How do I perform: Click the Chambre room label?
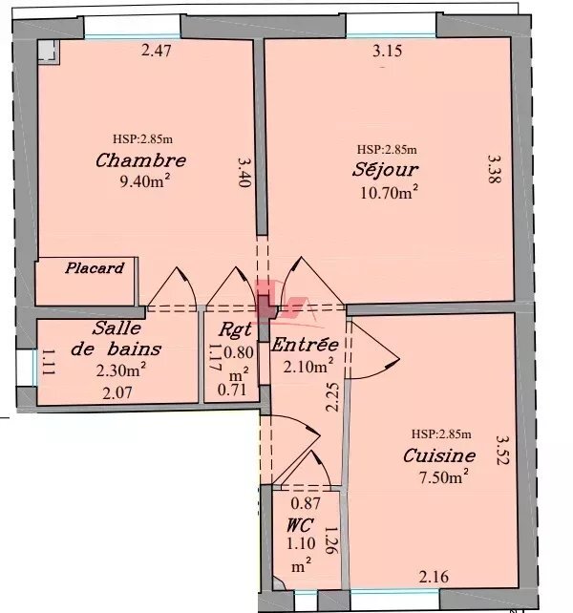pos(140,160)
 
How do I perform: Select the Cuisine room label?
pos(439,455)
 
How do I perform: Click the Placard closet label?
pos(94,268)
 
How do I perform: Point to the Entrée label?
pos(305,344)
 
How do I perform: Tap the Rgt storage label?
pos(234,329)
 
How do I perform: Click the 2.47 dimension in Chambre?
pos(156,50)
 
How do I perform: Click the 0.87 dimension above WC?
pos(305,503)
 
